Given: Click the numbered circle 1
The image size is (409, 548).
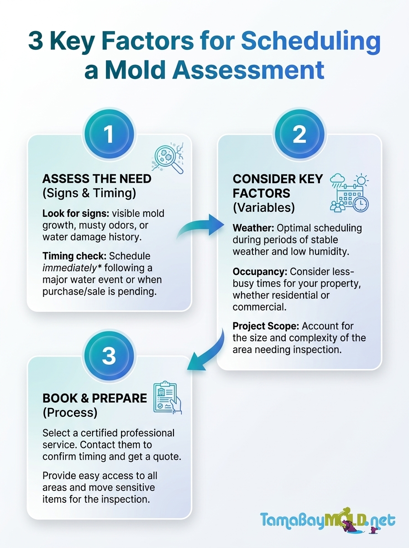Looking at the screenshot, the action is click(x=109, y=134).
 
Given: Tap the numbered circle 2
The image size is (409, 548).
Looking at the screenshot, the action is click(x=299, y=134).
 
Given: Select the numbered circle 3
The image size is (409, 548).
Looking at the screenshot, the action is click(x=109, y=355).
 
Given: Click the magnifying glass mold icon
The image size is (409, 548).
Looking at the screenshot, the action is click(x=168, y=158).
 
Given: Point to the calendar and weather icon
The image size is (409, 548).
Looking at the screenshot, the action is click(x=349, y=193).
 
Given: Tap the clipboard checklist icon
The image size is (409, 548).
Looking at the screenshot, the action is click(x=167, y=397).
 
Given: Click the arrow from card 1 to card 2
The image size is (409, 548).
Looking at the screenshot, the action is click(x=201, y=226).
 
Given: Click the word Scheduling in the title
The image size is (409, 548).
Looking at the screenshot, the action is click(x=311, y=42).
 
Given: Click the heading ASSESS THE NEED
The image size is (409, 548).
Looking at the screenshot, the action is click(x=97, y=179).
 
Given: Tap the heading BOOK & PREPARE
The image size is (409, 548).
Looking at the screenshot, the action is click(x=95, y=398).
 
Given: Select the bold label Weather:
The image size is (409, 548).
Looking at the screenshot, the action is click(x=253, y=228).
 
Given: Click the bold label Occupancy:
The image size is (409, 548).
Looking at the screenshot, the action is click(x=260, y=272).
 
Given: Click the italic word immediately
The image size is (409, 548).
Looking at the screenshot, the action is click(x=69, y=268).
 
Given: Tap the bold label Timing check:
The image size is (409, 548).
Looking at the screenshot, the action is click(x=74, y=256).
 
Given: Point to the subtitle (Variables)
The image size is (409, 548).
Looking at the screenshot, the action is click(x=264, y=207).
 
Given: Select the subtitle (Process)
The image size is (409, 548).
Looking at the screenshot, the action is click(x=70, y=412).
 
